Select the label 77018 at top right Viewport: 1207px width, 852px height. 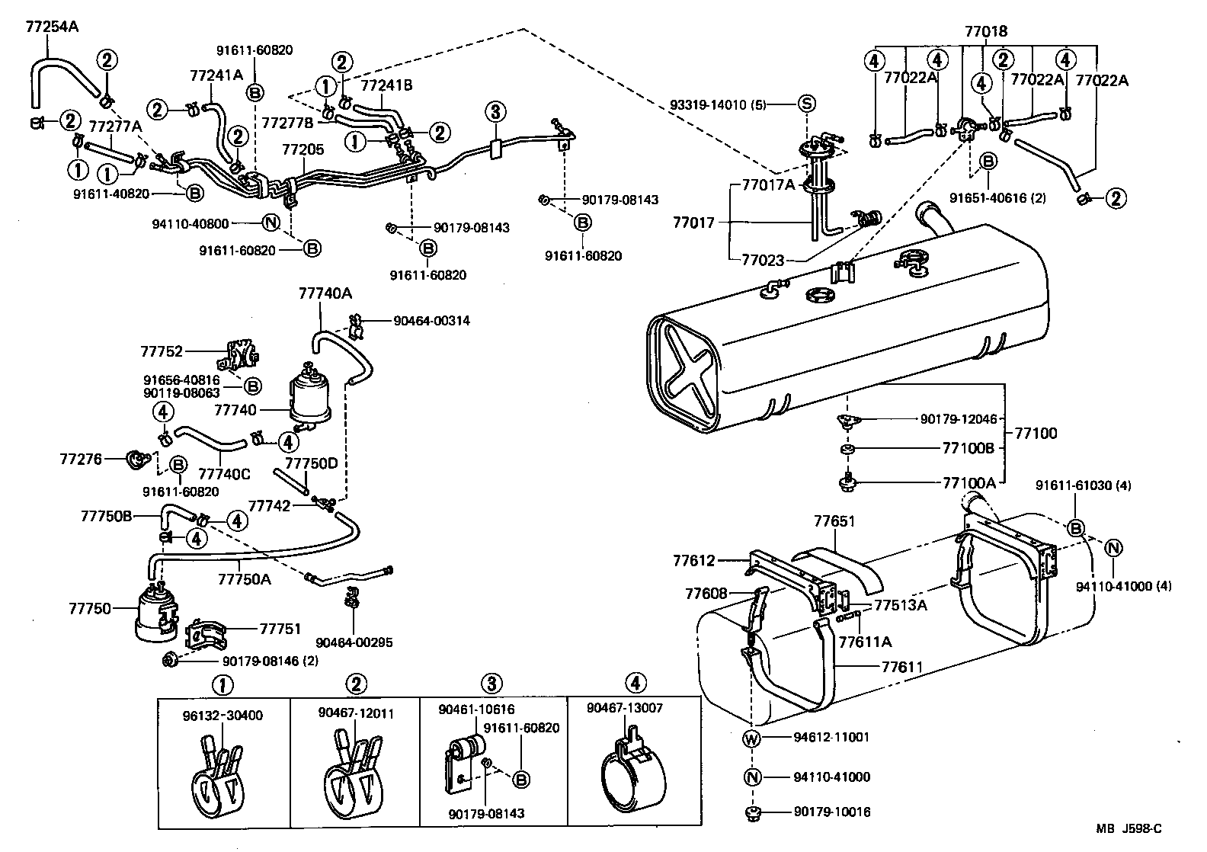[985, 32]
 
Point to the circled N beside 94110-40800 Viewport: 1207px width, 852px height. [270, 223]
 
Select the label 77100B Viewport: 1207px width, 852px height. [968, 448]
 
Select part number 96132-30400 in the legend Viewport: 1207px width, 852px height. [223, 716]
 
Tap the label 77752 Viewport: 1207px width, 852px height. [162, 351]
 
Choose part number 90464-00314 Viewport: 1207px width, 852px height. [431, 321]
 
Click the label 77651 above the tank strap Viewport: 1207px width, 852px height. [834, 522]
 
